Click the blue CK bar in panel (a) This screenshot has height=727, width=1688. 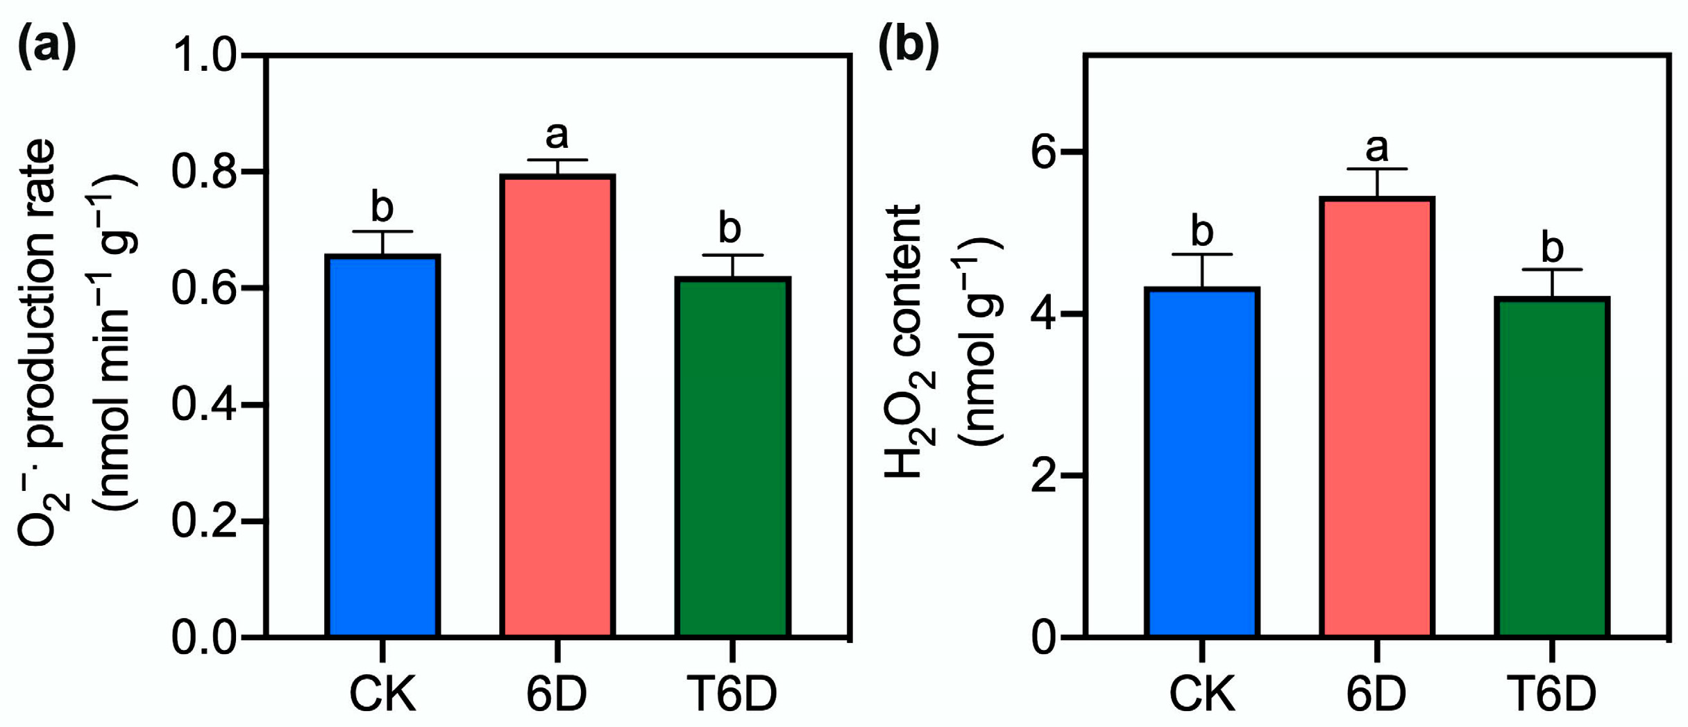pos(382,444)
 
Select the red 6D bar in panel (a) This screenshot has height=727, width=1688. pos(557,406)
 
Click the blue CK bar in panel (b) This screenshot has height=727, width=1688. pos(1202,462)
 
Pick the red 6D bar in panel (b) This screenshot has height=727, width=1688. pos(1377,417)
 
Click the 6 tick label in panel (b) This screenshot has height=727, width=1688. pos(1044,152)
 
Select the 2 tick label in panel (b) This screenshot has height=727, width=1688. pos(1044,476)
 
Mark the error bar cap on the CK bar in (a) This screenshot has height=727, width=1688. pos(382,231)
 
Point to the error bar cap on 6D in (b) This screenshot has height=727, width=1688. pos(1377,169)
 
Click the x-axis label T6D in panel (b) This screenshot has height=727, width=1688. pos(1551,694)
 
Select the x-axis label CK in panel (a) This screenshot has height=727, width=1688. pos(382,694)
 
